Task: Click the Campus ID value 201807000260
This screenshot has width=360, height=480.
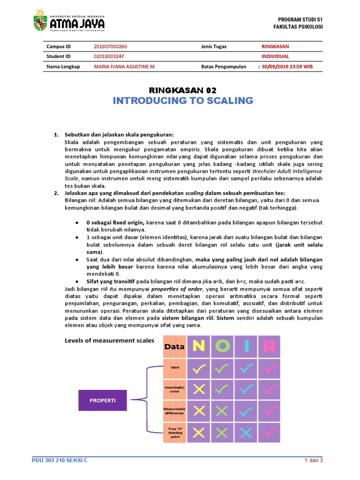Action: [110, 47]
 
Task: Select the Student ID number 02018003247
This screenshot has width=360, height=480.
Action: [109, 56]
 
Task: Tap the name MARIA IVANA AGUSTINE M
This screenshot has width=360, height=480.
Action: [124, 67]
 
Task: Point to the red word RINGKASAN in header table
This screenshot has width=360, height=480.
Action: [275, 47]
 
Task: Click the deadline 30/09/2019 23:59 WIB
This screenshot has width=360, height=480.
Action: [287, 67]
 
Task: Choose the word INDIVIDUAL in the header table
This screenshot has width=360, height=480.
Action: [275, 56]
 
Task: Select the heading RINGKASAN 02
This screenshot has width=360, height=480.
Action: [182, 90]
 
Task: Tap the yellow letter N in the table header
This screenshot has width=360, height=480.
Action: [199, 347]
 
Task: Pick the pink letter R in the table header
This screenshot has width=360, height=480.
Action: [269, 347]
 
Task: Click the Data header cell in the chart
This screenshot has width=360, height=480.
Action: [174, 347]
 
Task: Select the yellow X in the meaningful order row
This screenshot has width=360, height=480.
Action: [199, 390]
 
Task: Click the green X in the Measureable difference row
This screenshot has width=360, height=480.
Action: [222, 411]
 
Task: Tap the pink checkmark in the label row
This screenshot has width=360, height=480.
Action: [269, 369]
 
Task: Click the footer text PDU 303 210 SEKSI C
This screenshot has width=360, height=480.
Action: [60, 460]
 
